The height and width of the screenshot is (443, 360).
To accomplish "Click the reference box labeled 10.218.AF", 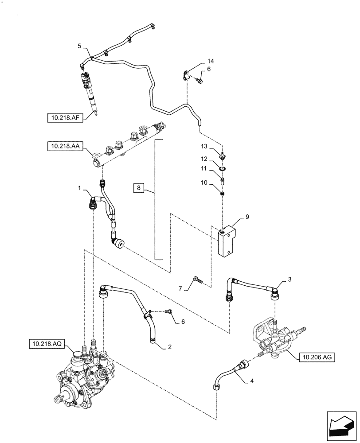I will click(x=65, y=117).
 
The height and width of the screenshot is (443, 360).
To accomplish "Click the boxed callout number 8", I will click(x=139, y=188).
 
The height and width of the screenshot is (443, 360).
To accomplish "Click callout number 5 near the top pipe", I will click(x=79, y=46).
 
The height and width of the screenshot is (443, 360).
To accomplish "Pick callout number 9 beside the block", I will click(x=247, y=218).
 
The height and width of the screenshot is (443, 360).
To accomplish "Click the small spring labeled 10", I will click(x=223, y=191).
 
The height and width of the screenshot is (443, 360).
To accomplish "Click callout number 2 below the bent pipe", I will click(x=170, y=348).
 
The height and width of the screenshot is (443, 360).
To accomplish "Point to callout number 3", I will click(x=289, y=279).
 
